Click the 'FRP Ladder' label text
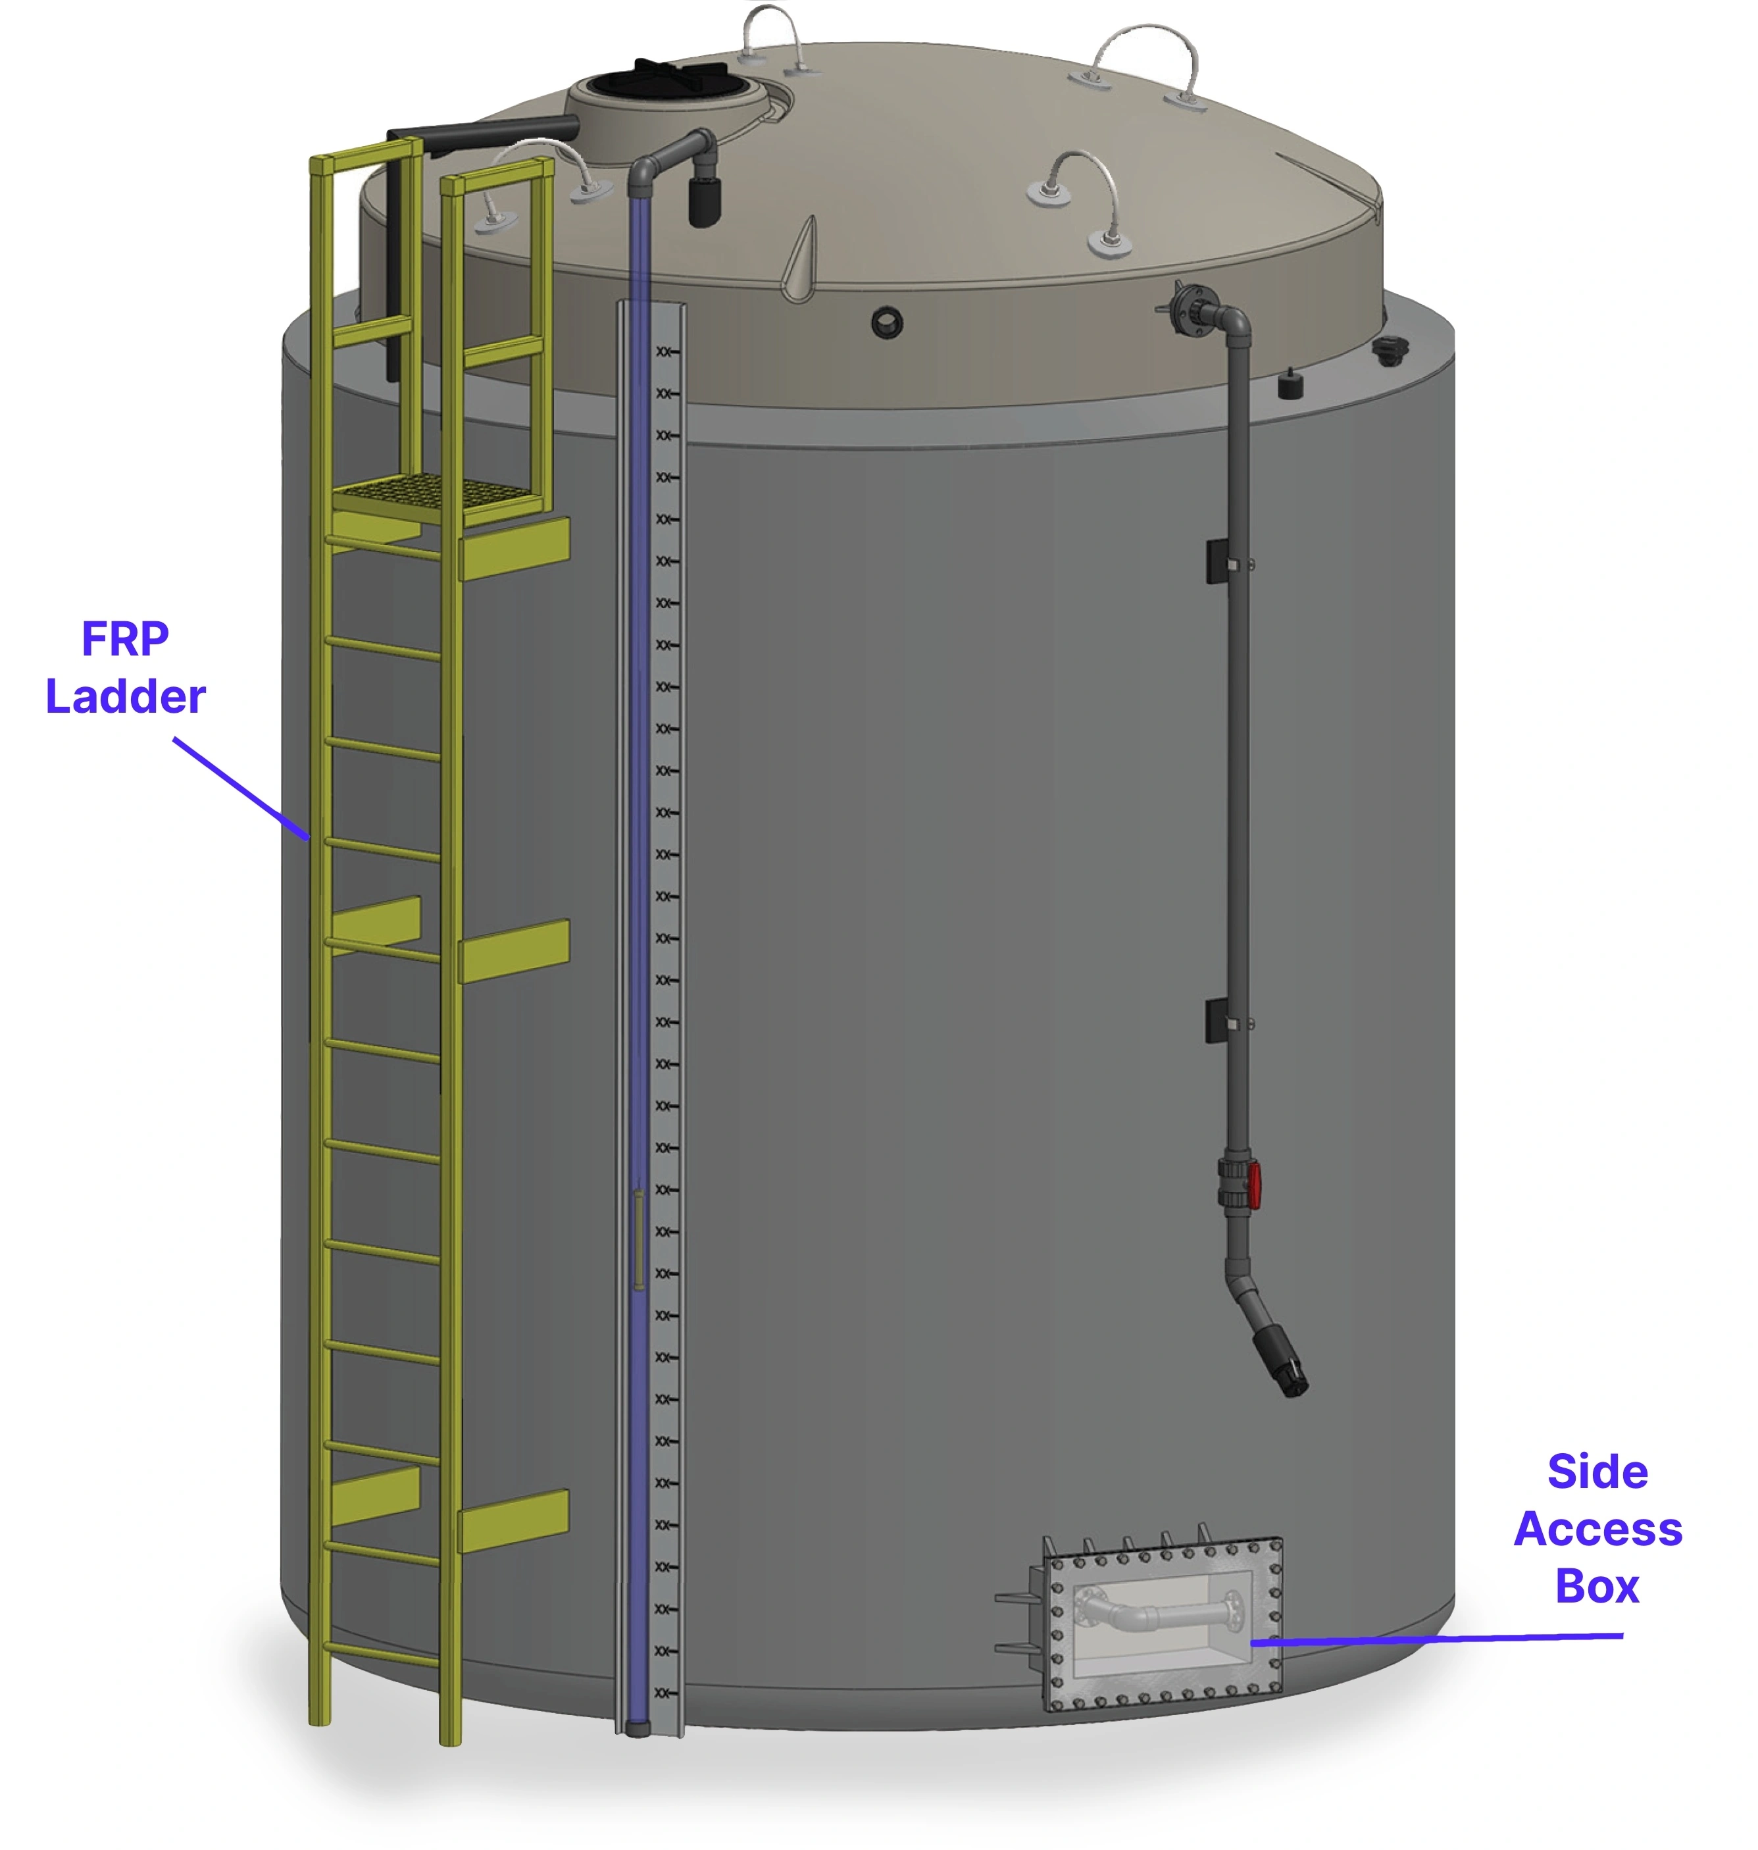pyautogui.click(x=126, y=667)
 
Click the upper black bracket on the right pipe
pyautogui.click(x=1217, y=561)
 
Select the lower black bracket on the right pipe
pyautogui.click(x=1217, y=1021)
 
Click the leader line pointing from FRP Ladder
pyautogui.click(x=241, y=788)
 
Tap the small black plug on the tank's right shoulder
pyautogui.click(x=1292, y=385)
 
